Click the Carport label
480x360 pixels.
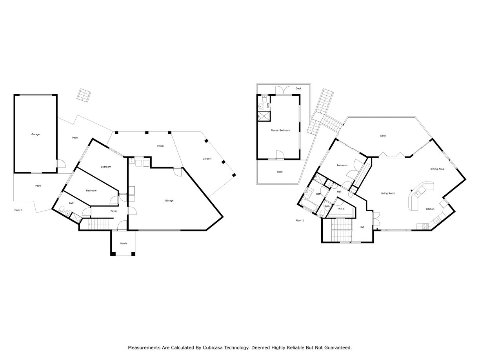207,159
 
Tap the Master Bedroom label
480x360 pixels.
280,130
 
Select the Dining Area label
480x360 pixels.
437,169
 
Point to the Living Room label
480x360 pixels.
388,193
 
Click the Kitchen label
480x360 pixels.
430,209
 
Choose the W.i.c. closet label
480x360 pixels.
342,209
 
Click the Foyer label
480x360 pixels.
114,211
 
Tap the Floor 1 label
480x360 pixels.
18,210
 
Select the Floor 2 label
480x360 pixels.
300,220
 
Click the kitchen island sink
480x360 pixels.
418,193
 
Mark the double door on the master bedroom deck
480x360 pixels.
283,90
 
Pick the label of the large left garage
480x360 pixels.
36,135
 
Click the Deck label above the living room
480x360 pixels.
383,136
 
